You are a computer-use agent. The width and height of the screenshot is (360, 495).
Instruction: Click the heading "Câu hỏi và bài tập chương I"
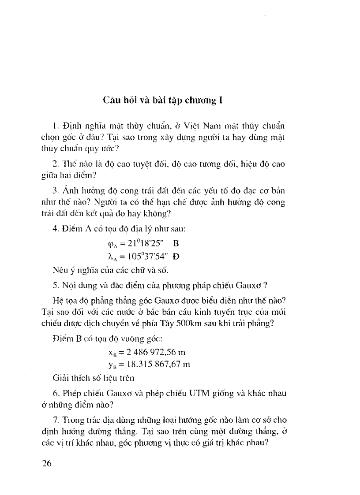tap(162, 100)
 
